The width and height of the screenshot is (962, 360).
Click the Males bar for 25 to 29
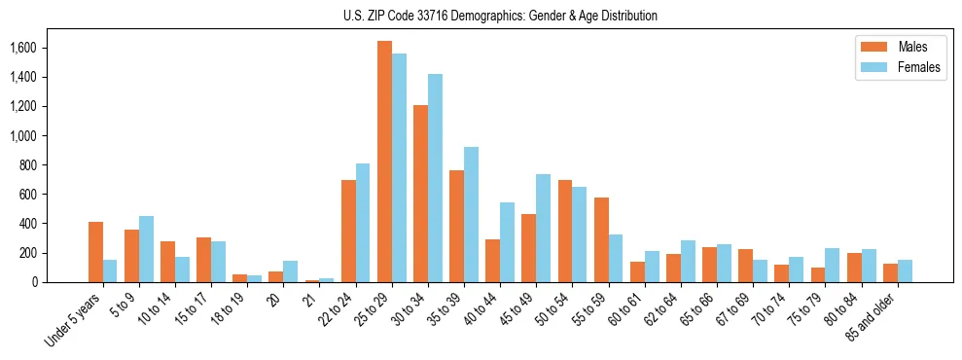tap(384, 162)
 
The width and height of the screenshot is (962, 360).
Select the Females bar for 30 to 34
tap(435, 178)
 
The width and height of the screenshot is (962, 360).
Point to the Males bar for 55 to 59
tap(601, 239)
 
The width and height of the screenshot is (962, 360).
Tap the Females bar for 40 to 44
tap(507, 242)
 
